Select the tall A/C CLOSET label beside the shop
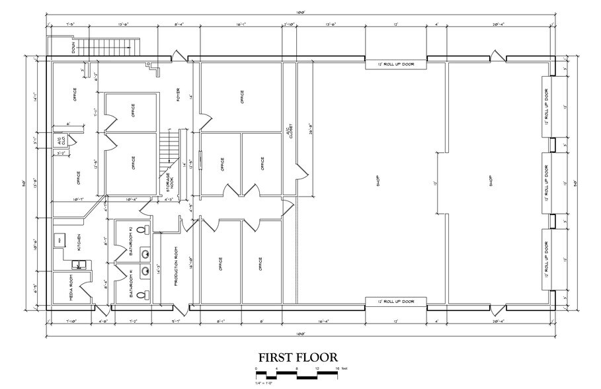pos(289,132)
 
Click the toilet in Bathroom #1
pos(147,296)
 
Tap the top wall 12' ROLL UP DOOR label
pos(396,64)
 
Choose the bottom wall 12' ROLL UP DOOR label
pos(396,302)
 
